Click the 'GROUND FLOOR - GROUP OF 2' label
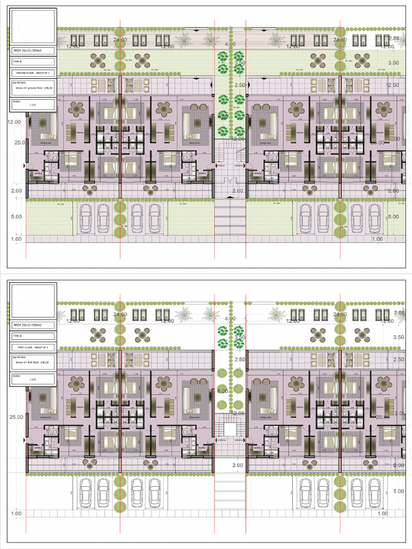[33, 72]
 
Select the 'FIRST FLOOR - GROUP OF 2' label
[33, 347]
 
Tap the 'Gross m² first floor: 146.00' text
[33, 363]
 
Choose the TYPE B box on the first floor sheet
[33, 336]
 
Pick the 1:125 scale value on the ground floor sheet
[33, 105]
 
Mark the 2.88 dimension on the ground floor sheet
[394, 39]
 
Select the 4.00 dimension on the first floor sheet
[230, 318]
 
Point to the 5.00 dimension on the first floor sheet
[394, 491]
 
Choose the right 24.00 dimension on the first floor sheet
[340, 314]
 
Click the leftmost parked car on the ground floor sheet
[86, 218]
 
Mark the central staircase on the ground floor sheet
[230, 155]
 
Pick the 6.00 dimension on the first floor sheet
[223, 391]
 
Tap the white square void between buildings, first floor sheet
[230, 429]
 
